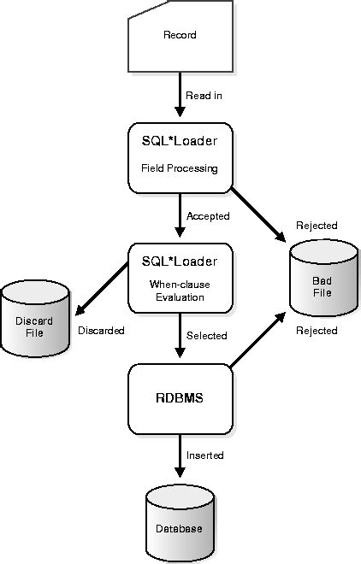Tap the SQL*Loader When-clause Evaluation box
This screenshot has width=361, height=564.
tap(180, 278)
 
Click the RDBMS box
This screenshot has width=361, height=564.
tap(180, 397)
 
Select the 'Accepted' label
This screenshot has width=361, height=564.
tap(209, 216)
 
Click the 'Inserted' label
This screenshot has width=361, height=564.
tap(205, 455)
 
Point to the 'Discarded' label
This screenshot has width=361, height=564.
tap(101, 330)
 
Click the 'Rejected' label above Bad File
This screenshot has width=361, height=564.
tap(317, 226)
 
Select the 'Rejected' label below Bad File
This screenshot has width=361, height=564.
tap(317, 330)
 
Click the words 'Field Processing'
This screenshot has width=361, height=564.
tap(180, 168)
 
